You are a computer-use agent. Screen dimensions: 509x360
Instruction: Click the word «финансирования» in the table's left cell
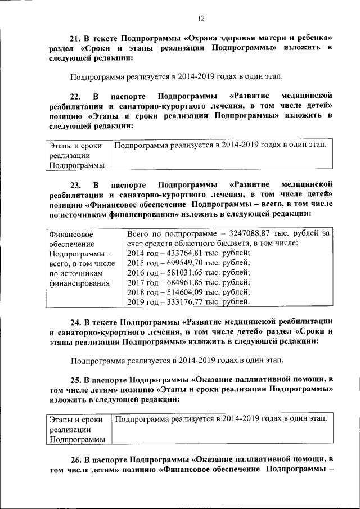(x=79, y=283)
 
